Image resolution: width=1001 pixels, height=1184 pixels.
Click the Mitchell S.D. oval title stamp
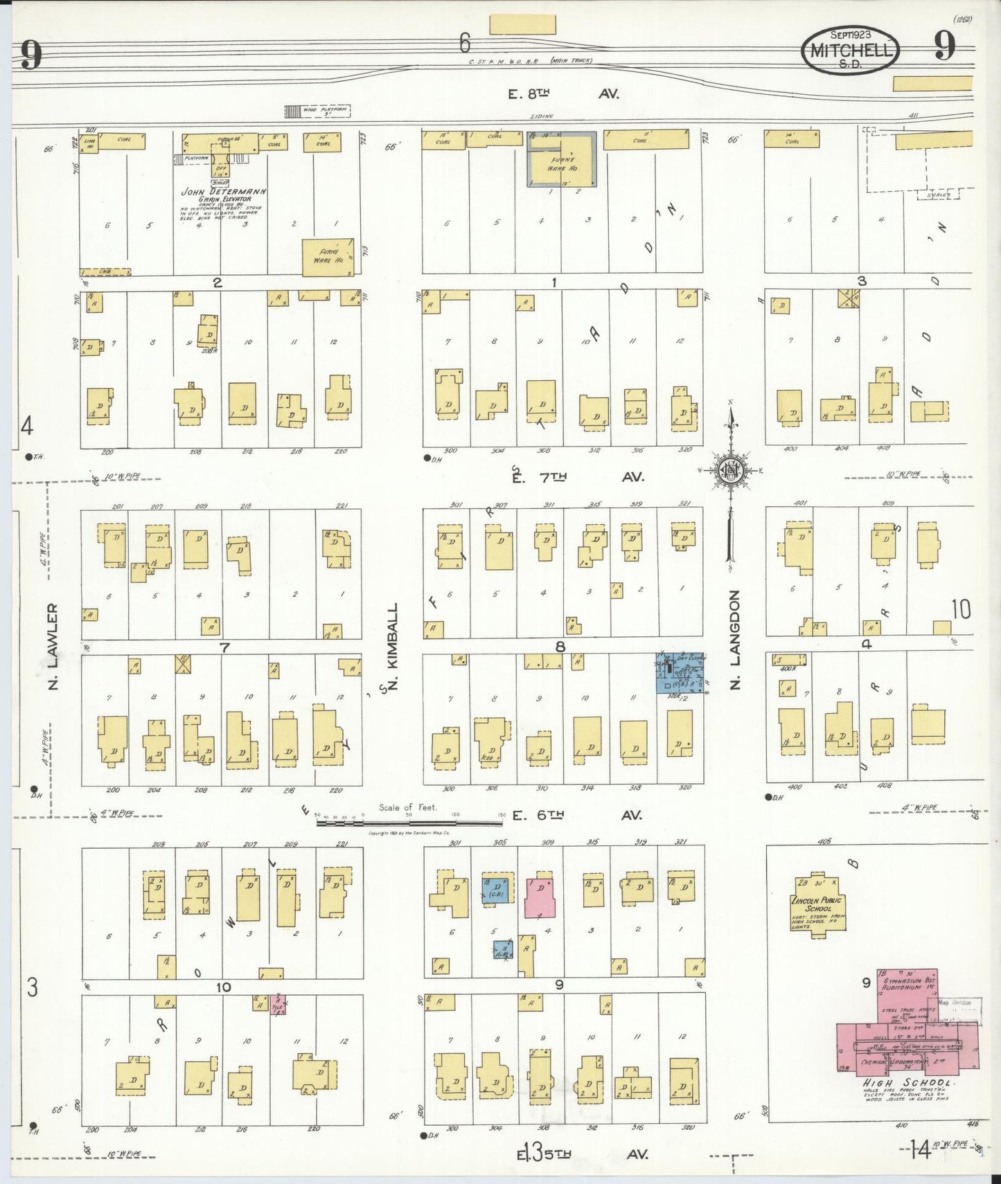pyautogui.click(x=850, y=50)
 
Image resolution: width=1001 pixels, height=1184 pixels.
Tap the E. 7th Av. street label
pyautogui.click(x=578, y=476)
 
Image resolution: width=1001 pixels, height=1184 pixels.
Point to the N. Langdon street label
pyautogui.click(x=736, y=638)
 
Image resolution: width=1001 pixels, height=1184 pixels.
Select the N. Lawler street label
pyautogui.click(x=53, y=646)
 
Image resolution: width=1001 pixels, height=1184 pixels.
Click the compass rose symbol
pyautogui.click(x=729, y=472)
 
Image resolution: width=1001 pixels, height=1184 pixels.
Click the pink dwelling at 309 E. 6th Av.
pyautogui.click(x=540, y=897)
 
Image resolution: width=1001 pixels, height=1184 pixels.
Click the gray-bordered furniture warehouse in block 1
pyautogui.click(x=562, y=160)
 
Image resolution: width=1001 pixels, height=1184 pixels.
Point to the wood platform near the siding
pyautogui.click(x=318, y=111)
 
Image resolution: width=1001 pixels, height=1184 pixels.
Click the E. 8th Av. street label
pyautogui.click(x=562, y=94)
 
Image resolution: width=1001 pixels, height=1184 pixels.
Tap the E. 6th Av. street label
pyautogui.click(x=577, y=816)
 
